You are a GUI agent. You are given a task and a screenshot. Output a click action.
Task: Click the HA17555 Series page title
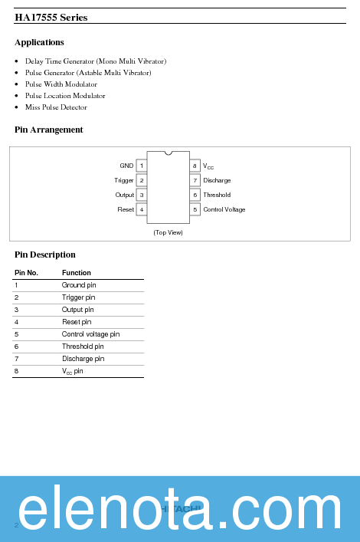[x=51, y=18]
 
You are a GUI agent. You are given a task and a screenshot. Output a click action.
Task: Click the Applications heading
[x=39, y=42]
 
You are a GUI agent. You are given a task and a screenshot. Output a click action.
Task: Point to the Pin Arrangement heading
[x=49, y=130]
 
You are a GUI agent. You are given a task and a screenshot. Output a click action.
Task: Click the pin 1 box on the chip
[x=142, y=166]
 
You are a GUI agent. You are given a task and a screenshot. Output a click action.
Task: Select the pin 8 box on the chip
[x=195, y=166]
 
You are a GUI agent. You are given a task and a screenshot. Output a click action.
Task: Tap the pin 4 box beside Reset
[x=142, y=209]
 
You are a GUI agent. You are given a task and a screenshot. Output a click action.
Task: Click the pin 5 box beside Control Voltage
[x=195, y=209]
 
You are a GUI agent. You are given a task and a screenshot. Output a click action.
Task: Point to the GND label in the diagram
[x=126, y=166]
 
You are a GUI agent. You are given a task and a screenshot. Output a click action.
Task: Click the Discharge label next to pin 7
[x=217, y=180]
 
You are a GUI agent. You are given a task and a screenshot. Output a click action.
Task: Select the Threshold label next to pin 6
[x=217, y=195]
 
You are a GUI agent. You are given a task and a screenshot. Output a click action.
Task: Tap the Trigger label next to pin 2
[x=124, y=180]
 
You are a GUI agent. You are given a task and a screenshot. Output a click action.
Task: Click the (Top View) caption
[x=168, y=232]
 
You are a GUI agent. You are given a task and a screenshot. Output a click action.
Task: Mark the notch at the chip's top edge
[x=168, y=153]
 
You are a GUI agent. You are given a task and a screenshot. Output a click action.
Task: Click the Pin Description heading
[x=45, y=255]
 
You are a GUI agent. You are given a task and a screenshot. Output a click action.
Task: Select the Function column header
[x=77, y=273]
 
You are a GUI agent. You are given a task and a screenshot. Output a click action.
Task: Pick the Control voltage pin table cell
[x=90, y=334]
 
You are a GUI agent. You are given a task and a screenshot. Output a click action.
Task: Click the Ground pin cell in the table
[x=79, y=285]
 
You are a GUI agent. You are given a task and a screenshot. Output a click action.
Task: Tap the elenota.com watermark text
[x=180, y=509]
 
